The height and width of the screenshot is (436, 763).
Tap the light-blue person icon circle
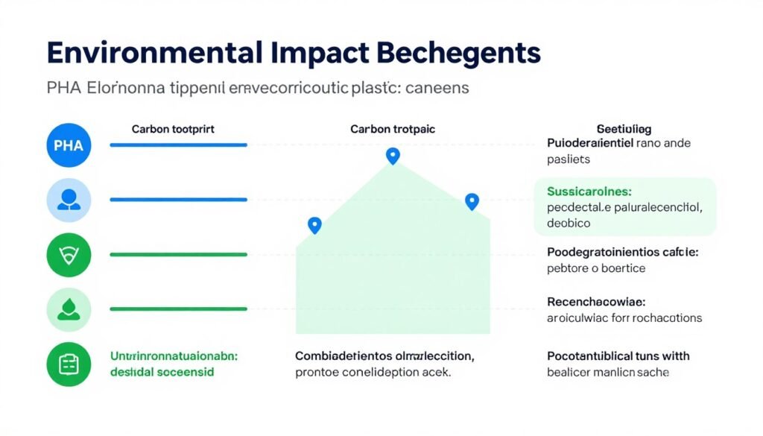69,200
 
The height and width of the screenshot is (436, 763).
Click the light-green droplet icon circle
69,309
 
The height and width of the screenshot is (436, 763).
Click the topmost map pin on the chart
393,156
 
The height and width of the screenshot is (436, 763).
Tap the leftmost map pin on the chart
314,225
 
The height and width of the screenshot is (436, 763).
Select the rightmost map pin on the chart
472,201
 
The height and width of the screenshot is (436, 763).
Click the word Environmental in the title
153,54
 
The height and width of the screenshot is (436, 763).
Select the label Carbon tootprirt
173,129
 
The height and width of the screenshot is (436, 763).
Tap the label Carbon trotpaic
393,129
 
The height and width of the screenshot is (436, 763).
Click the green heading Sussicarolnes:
589,192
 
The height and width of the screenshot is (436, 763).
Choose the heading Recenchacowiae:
596,302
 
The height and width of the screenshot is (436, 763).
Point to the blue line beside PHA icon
178,145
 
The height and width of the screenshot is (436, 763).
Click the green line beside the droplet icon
178,309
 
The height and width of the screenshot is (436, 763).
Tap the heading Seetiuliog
624,129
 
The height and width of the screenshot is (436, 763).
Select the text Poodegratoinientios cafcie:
622,252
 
